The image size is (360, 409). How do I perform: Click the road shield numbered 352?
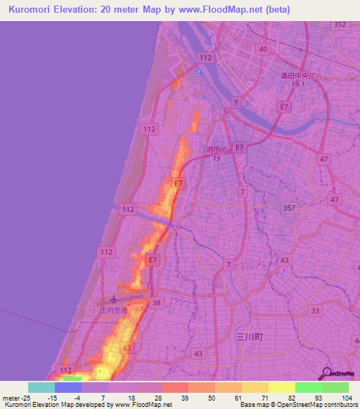click(x=340, y=25)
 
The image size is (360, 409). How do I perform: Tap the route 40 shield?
click(x=264, y=48)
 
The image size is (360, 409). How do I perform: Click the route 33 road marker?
click(x=315, y=311)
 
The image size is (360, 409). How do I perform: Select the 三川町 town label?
click(x=249, y=337)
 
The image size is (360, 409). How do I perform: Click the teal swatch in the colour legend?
click(x=41, y=387)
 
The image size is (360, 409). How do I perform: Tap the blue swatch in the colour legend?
click(x=68, y=387)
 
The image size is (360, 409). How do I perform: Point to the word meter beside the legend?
click(x=11, y=398)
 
